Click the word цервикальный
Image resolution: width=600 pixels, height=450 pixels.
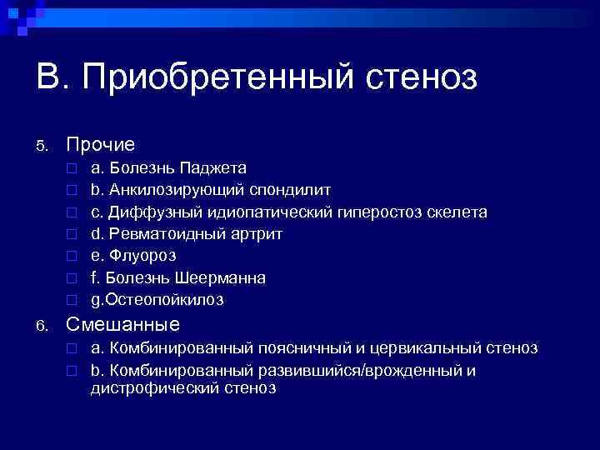429,347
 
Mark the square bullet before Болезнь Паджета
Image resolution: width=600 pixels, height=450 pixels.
72,169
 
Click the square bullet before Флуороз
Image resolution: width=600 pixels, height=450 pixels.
72,256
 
